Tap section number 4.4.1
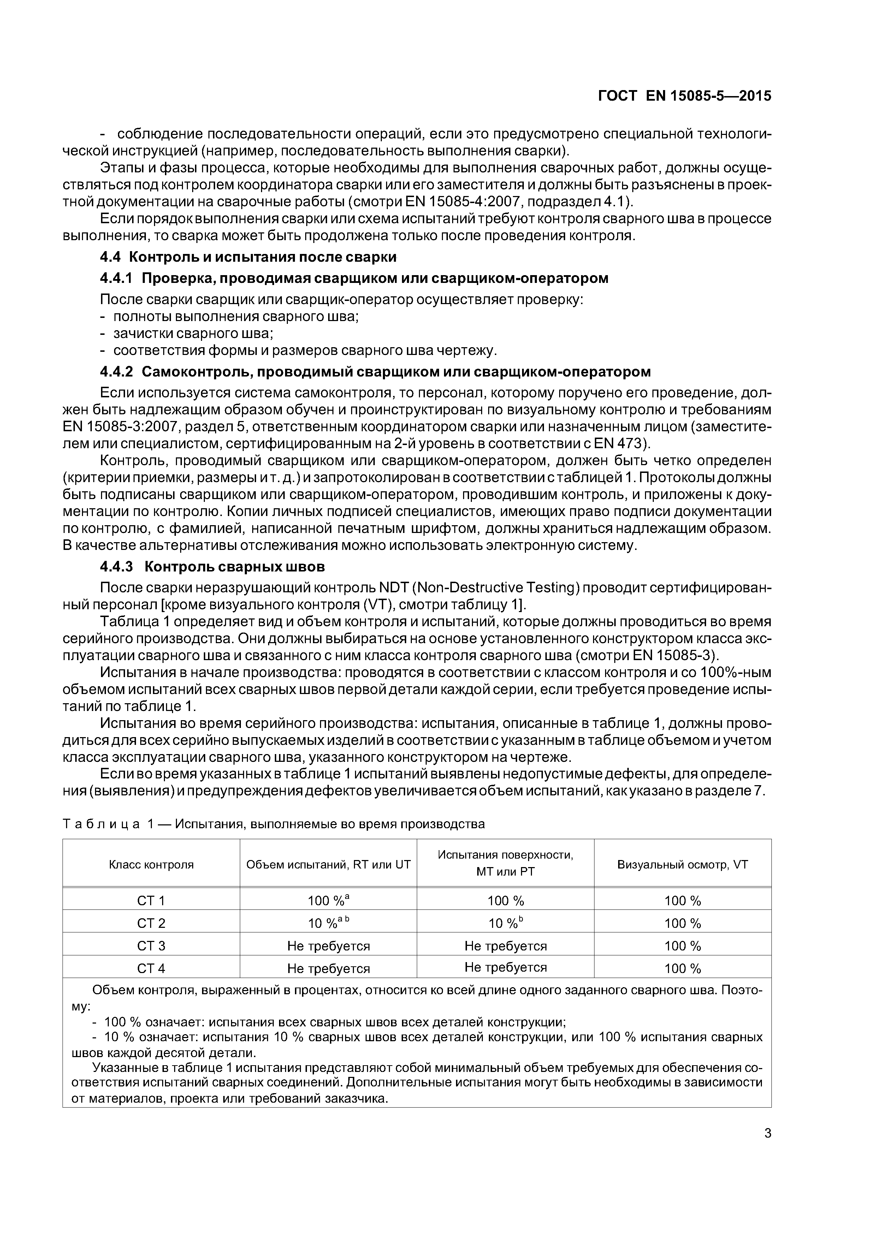coord(116,278)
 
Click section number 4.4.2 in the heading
coord(116,372)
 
